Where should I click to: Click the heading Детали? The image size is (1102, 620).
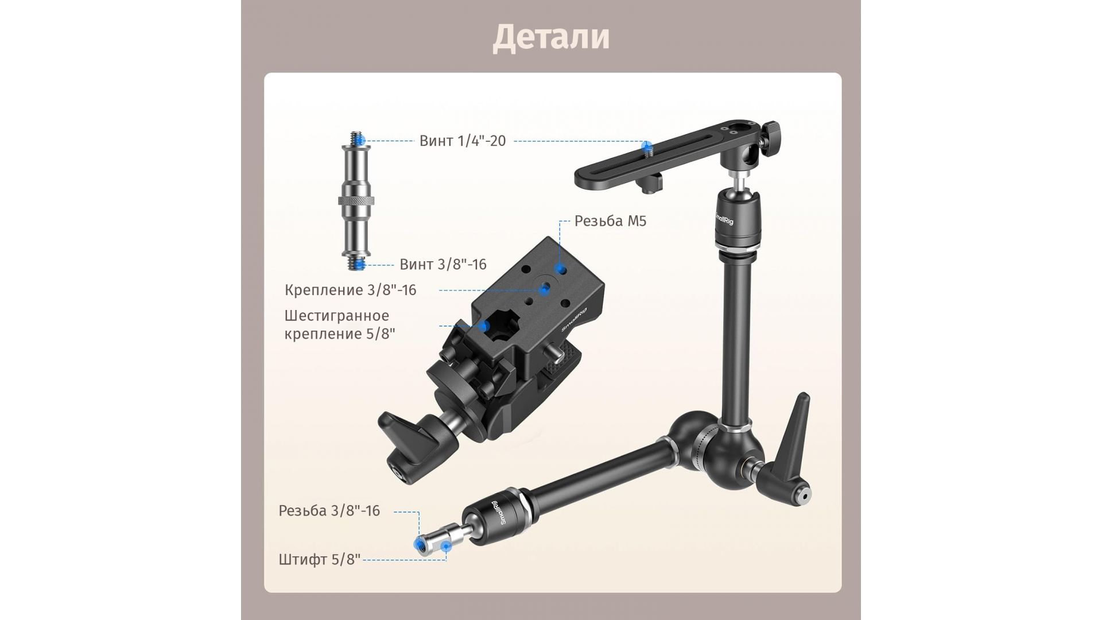(551, 37)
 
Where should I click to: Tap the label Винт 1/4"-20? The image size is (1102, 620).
(463, 141)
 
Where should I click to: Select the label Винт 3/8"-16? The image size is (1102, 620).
(443, 264)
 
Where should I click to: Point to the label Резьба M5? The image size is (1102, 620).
(610, 221)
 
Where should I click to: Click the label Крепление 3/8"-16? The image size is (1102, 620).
(351, 290)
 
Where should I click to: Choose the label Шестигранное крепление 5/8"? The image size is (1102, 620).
(340, 324)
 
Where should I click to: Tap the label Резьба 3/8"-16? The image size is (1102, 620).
(329, 511)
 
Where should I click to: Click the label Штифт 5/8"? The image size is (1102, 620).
(320, 559)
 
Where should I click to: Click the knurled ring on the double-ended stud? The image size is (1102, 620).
(356, 201)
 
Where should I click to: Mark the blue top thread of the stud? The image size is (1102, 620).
(358, 139)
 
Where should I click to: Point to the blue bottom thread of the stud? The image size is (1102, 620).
(358, 263)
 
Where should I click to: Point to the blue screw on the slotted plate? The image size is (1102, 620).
(647, 148)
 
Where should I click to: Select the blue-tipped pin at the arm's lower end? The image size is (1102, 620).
(432, 543)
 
